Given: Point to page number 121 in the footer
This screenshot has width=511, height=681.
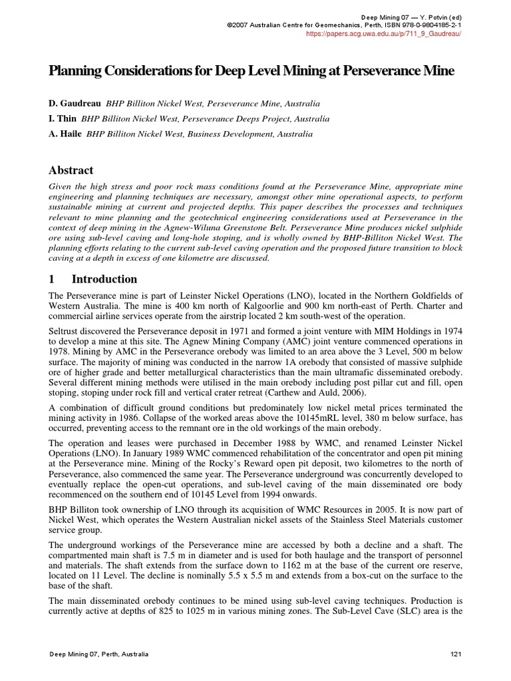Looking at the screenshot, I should click(456, 654).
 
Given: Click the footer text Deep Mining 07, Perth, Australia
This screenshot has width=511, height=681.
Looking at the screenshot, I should click(99, 654).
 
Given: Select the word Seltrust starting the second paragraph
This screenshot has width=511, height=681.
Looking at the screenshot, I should click(67, 331).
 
